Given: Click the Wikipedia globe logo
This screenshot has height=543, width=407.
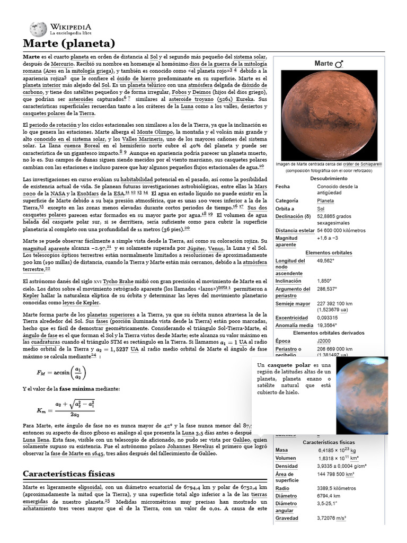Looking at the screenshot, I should point(38,29).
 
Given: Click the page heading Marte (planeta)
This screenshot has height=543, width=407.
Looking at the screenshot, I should point(68,43).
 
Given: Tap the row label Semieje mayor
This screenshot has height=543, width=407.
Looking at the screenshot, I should point(293,304).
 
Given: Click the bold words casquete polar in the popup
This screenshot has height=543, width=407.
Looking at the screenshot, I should point(289,366).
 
